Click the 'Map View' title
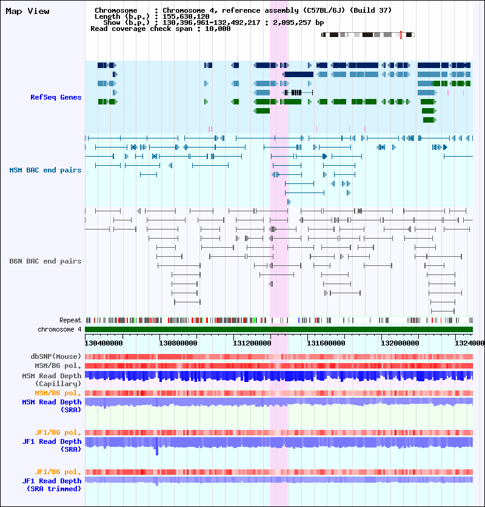27,12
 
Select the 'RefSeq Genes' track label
56,97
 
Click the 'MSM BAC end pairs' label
45,170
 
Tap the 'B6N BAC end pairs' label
45,261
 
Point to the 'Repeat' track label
70,320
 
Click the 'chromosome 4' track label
59,329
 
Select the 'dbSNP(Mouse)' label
56,356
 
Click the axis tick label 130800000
178,343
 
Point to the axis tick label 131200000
252,343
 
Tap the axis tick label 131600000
326,343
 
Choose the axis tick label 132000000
400,343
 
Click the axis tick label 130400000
104,343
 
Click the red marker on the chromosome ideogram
401,35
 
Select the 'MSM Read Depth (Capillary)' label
52,379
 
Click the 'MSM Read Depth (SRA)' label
52,406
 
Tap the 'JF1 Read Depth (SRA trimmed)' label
52,485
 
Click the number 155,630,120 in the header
186,16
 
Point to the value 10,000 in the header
218,29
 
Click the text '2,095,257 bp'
298,22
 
